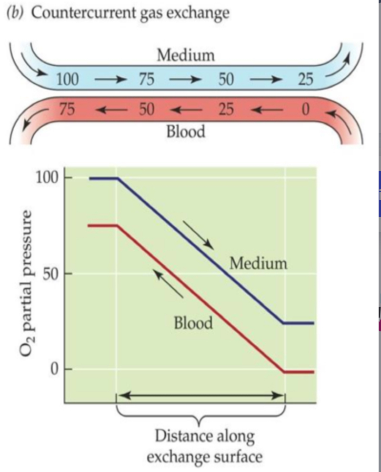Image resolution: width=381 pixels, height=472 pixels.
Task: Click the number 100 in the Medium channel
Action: point(67,79)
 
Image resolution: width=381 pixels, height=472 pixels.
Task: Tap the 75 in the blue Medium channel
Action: point(147,79)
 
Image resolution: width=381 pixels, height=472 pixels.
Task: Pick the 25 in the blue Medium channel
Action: point(305,79)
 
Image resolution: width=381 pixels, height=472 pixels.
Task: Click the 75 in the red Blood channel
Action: point(67,110)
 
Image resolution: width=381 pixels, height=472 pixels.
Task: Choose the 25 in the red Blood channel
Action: point(226,110)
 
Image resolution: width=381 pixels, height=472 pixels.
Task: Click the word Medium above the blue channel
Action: point(186,56)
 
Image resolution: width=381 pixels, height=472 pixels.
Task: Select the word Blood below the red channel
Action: point(186,131)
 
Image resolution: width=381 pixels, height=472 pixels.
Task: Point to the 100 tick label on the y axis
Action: point(46,178)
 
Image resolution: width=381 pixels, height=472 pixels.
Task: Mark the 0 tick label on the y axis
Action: point(54,369)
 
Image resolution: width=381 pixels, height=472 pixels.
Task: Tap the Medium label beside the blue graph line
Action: point(258,263)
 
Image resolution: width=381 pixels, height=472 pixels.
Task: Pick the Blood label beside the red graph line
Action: point(193,323)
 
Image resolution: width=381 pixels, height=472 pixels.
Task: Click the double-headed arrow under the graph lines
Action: point(201,395)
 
